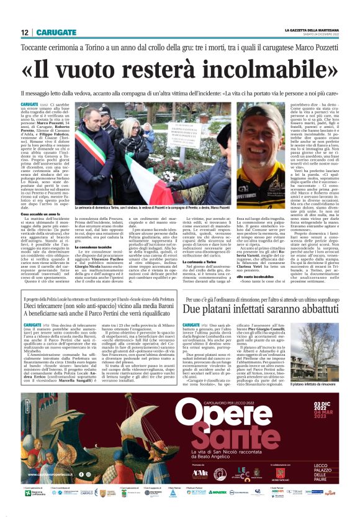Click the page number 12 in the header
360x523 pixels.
(x=24, y=32)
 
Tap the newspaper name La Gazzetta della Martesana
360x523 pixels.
(x=312, y=30)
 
